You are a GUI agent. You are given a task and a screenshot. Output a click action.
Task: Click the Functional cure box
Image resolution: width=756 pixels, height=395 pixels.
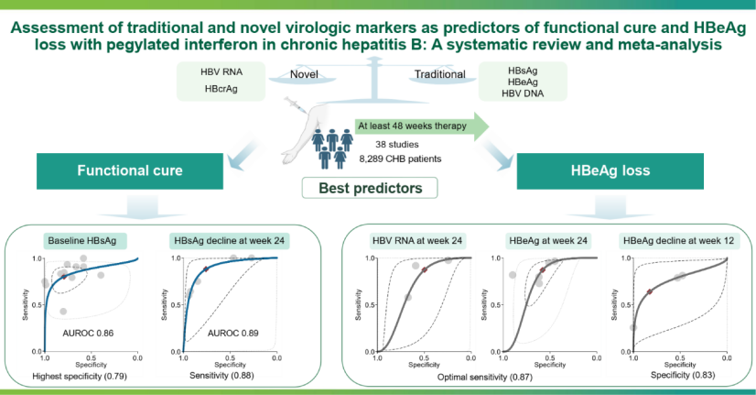(x=130, y=171)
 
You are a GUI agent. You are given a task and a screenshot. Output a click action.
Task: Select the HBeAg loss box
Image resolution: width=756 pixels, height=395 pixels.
(x=610, y=171)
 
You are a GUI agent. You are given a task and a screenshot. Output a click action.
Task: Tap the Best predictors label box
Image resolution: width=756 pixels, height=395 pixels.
(x=370, y=188)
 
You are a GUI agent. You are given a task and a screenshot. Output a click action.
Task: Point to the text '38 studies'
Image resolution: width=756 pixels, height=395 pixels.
(x=397, y=145)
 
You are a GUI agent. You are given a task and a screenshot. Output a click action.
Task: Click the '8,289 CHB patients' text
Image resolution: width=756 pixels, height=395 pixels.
(x=400, y=159)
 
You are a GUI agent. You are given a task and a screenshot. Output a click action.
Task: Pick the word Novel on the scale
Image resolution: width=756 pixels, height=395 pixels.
(x=304, y=74)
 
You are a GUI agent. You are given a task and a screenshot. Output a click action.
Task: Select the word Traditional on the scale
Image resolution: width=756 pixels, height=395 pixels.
(x=439, y=74)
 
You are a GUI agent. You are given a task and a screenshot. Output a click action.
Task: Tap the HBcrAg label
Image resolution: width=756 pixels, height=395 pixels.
(x=221, y=89)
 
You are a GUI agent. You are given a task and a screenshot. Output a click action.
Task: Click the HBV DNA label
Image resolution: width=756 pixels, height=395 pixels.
(x=523, y=93)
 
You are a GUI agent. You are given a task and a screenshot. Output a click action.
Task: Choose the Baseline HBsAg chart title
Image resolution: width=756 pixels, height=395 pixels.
(x=82, y=240)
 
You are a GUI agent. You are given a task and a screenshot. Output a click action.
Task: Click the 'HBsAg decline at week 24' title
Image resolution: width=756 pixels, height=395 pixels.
(x=230, y=240)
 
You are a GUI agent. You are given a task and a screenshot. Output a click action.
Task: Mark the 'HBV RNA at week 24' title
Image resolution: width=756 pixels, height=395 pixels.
(x=417, y=240)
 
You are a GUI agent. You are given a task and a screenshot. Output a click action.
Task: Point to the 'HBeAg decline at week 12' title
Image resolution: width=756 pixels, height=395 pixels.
(x=678, y=240)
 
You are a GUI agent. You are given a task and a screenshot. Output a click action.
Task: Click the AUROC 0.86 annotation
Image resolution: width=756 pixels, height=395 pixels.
(x=88, y=334)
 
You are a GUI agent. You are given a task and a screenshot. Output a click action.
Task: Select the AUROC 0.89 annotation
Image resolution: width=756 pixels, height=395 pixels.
(x=232, y=334)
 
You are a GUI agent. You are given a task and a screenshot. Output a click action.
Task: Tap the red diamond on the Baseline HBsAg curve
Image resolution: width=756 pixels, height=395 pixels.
(x=64, y=276)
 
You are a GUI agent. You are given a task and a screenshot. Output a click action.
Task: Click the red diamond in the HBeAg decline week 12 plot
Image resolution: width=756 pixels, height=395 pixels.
(x=650, y=291)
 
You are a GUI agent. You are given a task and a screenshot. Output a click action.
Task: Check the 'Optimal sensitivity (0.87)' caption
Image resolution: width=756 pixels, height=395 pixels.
(x=484, y=378)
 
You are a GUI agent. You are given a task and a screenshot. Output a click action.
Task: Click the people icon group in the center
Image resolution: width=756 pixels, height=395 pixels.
(x=332, y=148)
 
